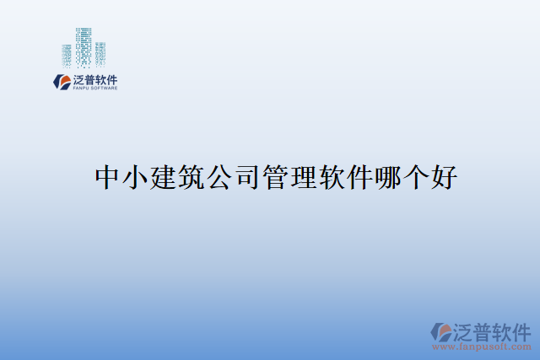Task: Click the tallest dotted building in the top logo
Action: click(x=84, y=47)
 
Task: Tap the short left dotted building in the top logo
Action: click(x=67, y=55)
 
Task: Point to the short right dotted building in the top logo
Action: click(x=100, y=53)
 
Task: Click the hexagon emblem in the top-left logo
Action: click(x=61, y=81)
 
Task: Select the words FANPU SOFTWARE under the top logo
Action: click(x=94, y=88)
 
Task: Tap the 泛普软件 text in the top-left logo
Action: click(x=94, y=78)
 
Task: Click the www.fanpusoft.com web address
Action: click(x=482, y=346)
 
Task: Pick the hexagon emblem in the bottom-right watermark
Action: click(x=440, y=330)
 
